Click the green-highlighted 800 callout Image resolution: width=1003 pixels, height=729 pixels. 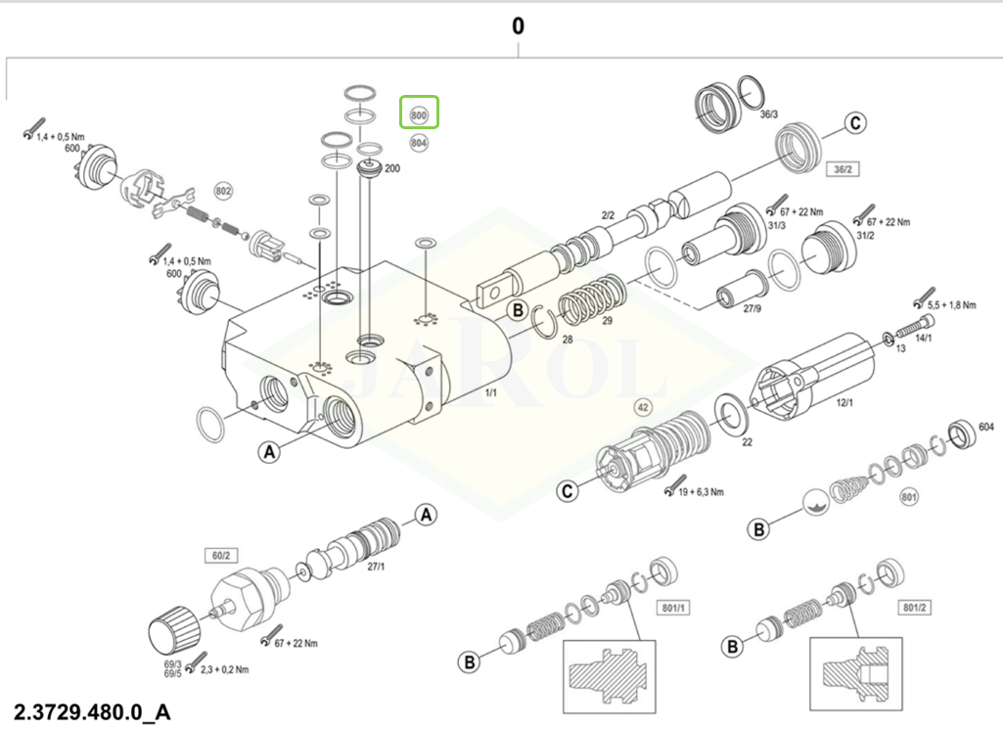(419, 114)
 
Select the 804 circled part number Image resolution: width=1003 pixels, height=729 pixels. (419, 143)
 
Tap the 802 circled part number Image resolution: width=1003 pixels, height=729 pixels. (223, 190)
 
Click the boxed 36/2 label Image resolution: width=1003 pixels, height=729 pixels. (842, 169)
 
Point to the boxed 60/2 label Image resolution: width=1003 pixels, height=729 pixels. (218, 556)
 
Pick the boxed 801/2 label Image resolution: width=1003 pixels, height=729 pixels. (915, 608)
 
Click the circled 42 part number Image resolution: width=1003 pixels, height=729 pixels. (643, 406)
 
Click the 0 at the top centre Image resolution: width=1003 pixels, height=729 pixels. (518, 26)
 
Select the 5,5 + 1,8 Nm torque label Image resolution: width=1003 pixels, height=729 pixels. (952, 305)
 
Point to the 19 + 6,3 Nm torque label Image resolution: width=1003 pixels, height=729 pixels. (701, 491)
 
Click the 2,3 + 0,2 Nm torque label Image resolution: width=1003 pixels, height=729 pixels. (225, 670)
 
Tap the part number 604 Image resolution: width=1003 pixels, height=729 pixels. (985, 428)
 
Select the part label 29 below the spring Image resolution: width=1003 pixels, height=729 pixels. (607, 321)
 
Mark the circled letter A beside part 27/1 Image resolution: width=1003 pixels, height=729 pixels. (426, 514)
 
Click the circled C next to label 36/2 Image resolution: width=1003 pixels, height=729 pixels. (855, 123)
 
